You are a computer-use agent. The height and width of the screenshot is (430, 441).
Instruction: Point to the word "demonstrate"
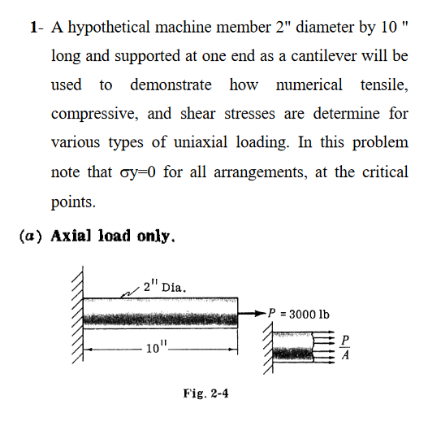pyautogui.click(x=171, y=85)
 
